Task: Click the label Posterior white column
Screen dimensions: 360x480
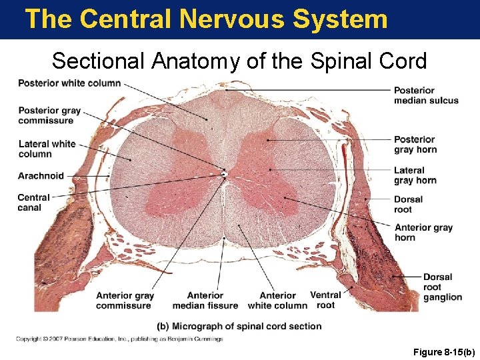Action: [69, 83]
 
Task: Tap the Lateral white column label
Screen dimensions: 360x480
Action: [47, 149]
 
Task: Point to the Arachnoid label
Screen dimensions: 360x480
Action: [41, 176]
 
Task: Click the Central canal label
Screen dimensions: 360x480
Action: [33, 202]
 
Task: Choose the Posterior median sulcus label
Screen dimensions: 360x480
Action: [426, 95]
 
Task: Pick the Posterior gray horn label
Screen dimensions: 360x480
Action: [415, 144]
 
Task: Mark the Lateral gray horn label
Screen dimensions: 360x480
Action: [415, 175]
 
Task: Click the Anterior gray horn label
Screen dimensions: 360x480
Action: [423, 232]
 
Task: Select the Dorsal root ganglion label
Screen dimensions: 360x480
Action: [442, 287]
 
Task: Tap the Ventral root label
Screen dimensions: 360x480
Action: [325, 300]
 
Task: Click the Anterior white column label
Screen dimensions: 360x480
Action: [277, 301]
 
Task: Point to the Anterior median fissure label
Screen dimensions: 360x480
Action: [205, 301]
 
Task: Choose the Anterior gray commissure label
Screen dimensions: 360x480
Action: [125, 301]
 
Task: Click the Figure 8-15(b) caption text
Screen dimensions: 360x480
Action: [442, 350]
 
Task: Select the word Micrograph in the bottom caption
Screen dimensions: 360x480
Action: [198, 327]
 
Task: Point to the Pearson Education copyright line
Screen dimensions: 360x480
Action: [119, 339]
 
